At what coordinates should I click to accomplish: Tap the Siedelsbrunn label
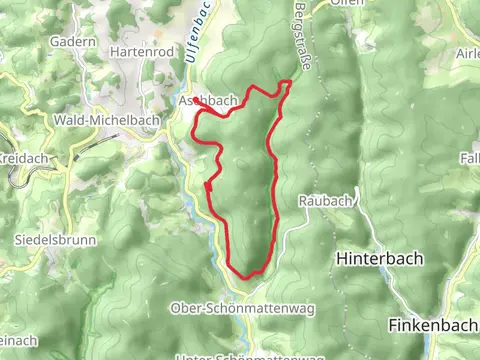[x=50, y=240]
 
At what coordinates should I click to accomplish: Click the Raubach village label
[x=326, y=200]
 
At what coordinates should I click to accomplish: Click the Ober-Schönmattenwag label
[x=242, y=308]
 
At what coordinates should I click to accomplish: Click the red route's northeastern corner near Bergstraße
[x=290, y=81]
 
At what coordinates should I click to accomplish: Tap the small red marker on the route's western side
[x=207, y=185]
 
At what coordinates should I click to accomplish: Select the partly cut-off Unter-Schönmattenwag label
[x=249, y=356]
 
